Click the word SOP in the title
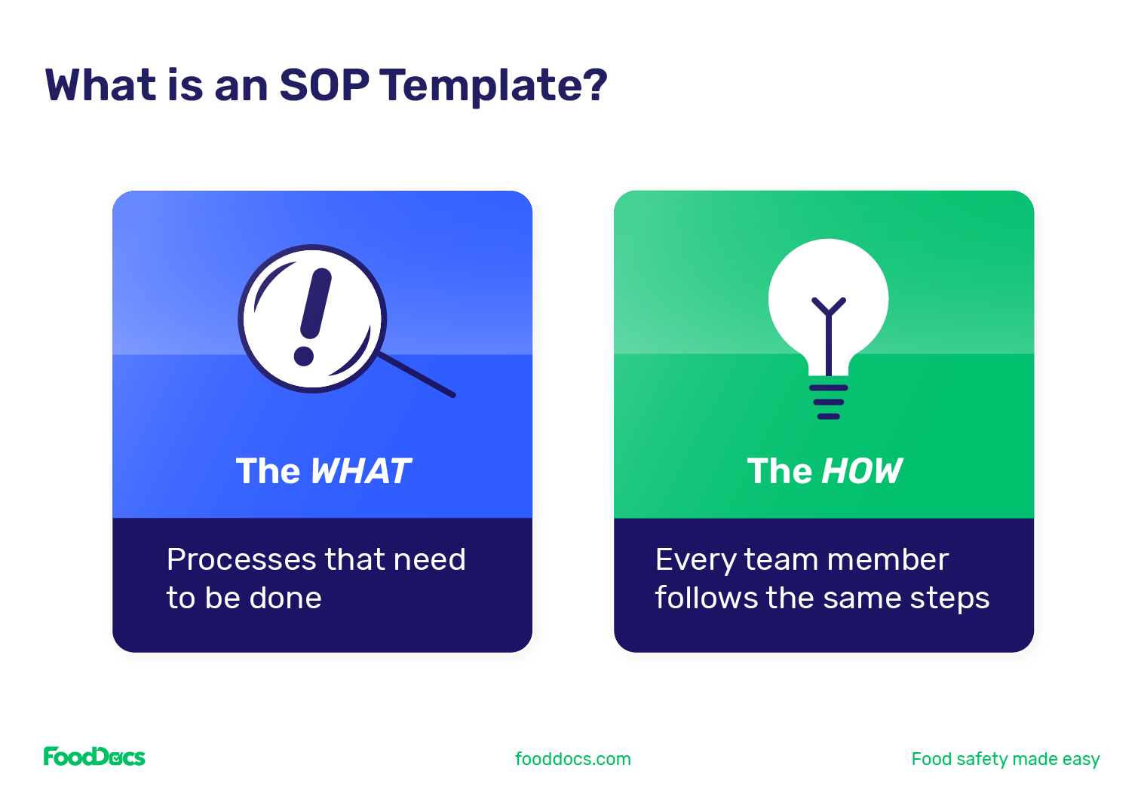click(x=324, y=84)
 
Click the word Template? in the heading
click(x=493, y=86)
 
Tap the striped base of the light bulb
click(x=828, y=402)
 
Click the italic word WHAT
click(x=360, y=472)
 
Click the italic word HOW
click(x=861, y=472)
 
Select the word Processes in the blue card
click(x=241, y=560)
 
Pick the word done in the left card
click(x=285, y=598)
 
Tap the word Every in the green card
click(x=695, y=560)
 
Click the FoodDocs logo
click(x=94, y=757)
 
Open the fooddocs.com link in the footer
click(x=572, y=759)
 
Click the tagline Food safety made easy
click(x=1005, y=759)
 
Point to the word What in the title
click(x=100, y=84)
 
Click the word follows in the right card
click(x=707, y=598)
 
